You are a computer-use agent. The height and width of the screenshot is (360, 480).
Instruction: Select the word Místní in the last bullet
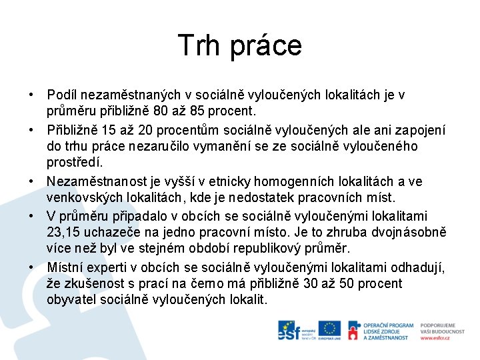click(x=65, y=267)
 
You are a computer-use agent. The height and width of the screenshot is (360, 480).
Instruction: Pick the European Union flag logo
click(x=329, y=329)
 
